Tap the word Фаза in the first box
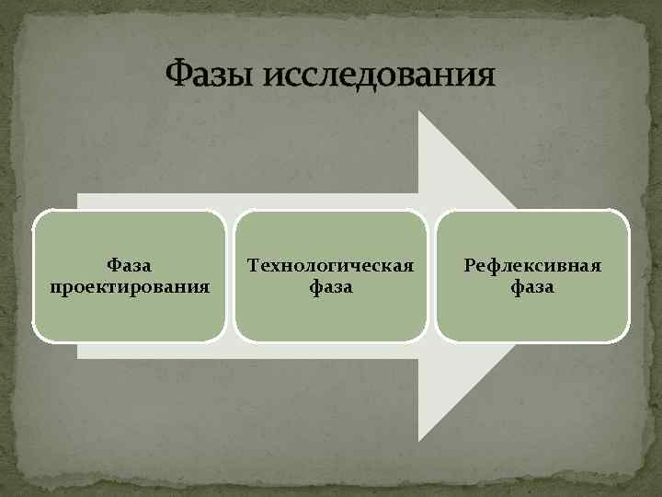pyautogui.click(x=129, y=265)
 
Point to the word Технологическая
pyautogui.click(x=330, y=265)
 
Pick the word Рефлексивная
pyautogui.click(x=533, y=265)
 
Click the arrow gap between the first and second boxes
pyautogui.click(x=230, y=276)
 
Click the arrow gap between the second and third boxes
pyautogui.click(x=431, y=276)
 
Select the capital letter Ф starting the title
pyautogui.click(x=177, y=73)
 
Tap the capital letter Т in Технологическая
pyautogui.click(x=253, y=265)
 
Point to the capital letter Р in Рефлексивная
pyautogui.click(x=471, y=265)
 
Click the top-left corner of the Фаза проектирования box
pyautogui.click(x=35, y=213)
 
